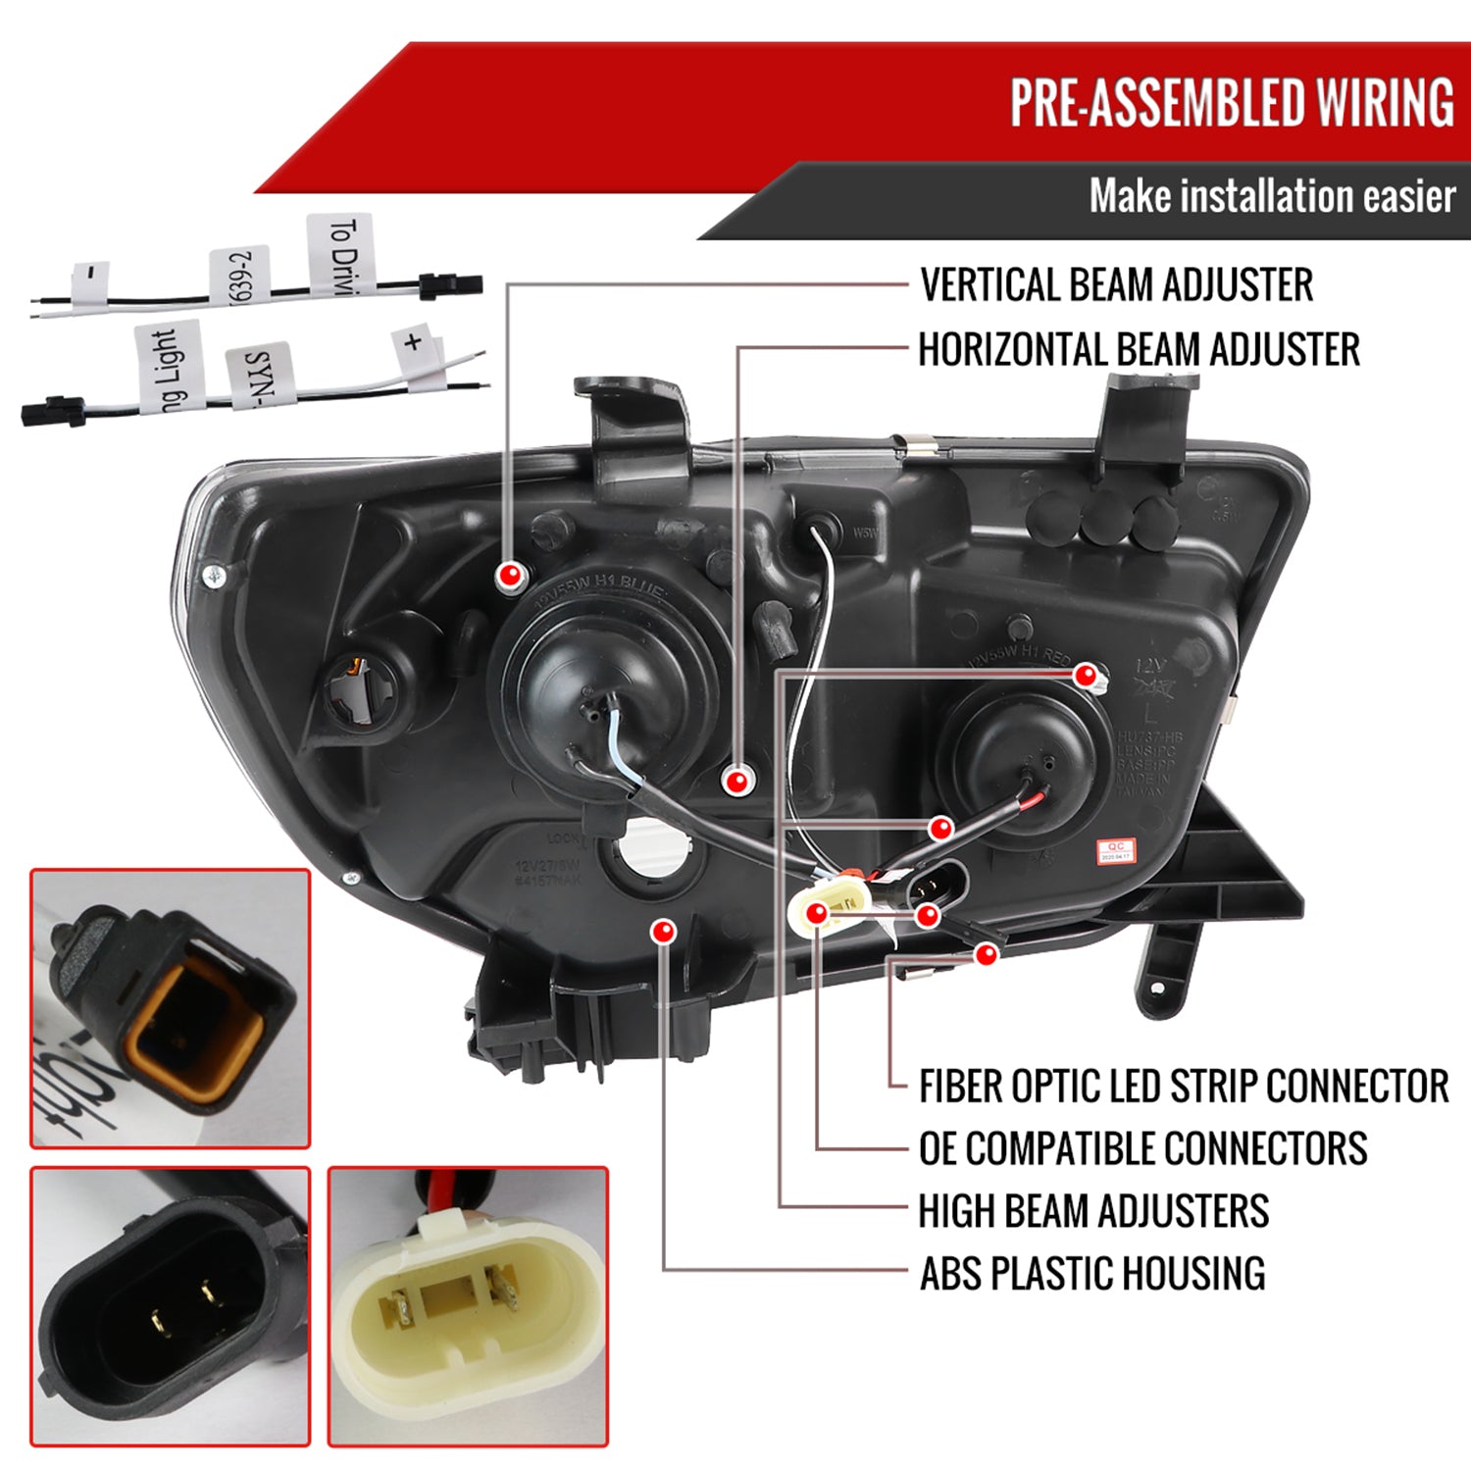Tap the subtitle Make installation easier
point(1271,197)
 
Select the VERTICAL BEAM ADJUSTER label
point(1116,285)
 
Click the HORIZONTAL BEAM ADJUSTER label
point(1139,350)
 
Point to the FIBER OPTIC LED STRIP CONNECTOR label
point(1183,1087)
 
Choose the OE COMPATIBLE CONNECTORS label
point(1142,1148)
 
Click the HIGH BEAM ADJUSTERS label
point(1093,1211)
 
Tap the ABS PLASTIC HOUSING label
point(1091,1274)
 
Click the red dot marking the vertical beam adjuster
point(510,576)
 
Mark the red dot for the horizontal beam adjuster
point(736,781)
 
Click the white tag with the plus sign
point(415,343)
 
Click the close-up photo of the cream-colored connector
point(468,1306)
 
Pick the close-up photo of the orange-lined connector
point(171,1008)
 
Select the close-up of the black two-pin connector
point(171,1306)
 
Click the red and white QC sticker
point(1115,850)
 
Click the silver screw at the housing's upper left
point(215,577)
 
